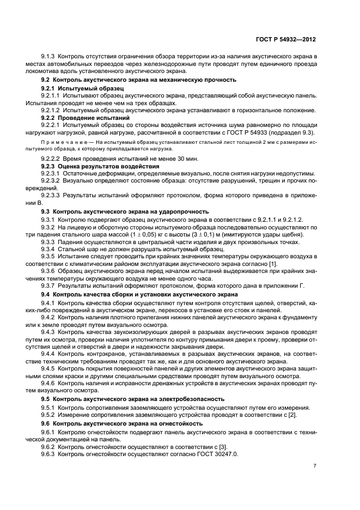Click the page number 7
pos(315,466)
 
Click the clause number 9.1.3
pos(49,57)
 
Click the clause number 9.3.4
pos(49,249)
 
